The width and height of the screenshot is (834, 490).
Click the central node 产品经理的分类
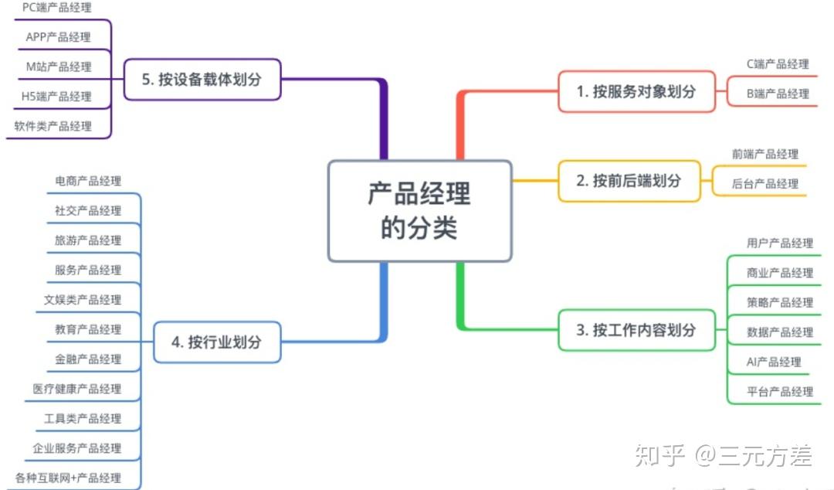[x=419, y=211]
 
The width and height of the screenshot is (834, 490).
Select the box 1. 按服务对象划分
[x=636, y=92]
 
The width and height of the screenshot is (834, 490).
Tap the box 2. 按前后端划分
[x=629, y=181]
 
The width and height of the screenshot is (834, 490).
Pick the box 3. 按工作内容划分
[x=636, y=330]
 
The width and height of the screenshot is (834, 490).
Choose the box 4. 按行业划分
[x=217, y=342]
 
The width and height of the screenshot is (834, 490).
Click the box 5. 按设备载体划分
[x=202, y=80]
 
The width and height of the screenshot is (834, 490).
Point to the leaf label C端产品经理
[x=778, y=64]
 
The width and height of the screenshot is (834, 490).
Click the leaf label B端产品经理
[x=778, y=94]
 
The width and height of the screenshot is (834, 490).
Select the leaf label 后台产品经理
[x=764, y=184]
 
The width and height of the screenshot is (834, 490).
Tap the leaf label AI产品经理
[x=773, y=362]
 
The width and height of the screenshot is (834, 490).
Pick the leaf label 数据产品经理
[x=780, y=332]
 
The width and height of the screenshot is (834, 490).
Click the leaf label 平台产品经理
[x=780, y=392]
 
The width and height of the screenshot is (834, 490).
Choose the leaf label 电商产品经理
[x=88, y=181]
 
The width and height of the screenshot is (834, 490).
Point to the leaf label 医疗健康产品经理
[x=76, y=389]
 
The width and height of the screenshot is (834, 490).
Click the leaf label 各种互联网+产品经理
[x=68, y=478]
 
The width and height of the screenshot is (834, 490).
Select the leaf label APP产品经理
[x=58, y=37]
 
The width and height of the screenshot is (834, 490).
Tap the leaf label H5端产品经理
[x=56, y=97]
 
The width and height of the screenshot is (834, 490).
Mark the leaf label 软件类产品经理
[x=53, y=126]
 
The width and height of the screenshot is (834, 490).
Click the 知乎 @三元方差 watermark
[x=724, y=456]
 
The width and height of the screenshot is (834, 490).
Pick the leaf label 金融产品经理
[x=88, y=359]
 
